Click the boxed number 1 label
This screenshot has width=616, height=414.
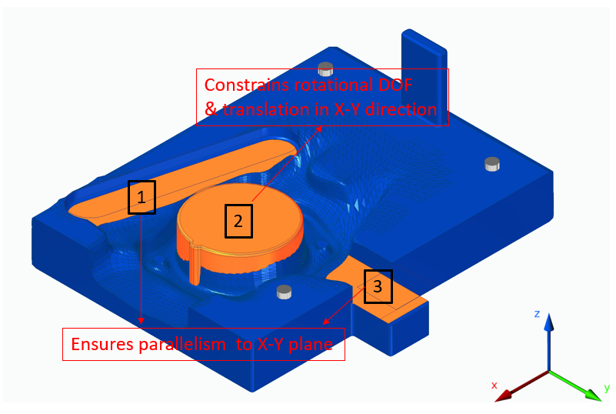(141, 197)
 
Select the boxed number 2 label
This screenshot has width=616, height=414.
(238, 221)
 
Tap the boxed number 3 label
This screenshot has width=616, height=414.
(377, 286)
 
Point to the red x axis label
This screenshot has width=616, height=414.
(494, 384)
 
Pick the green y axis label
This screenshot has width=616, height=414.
(607, 387)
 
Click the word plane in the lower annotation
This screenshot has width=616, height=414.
(312, 344)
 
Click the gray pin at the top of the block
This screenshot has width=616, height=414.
(325, 67)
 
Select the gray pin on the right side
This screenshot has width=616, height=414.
(492, 164)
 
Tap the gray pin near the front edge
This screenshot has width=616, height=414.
(284, 291)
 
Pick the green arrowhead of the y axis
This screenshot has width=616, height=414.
(591, 394)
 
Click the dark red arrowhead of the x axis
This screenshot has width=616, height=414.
(503, 396)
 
